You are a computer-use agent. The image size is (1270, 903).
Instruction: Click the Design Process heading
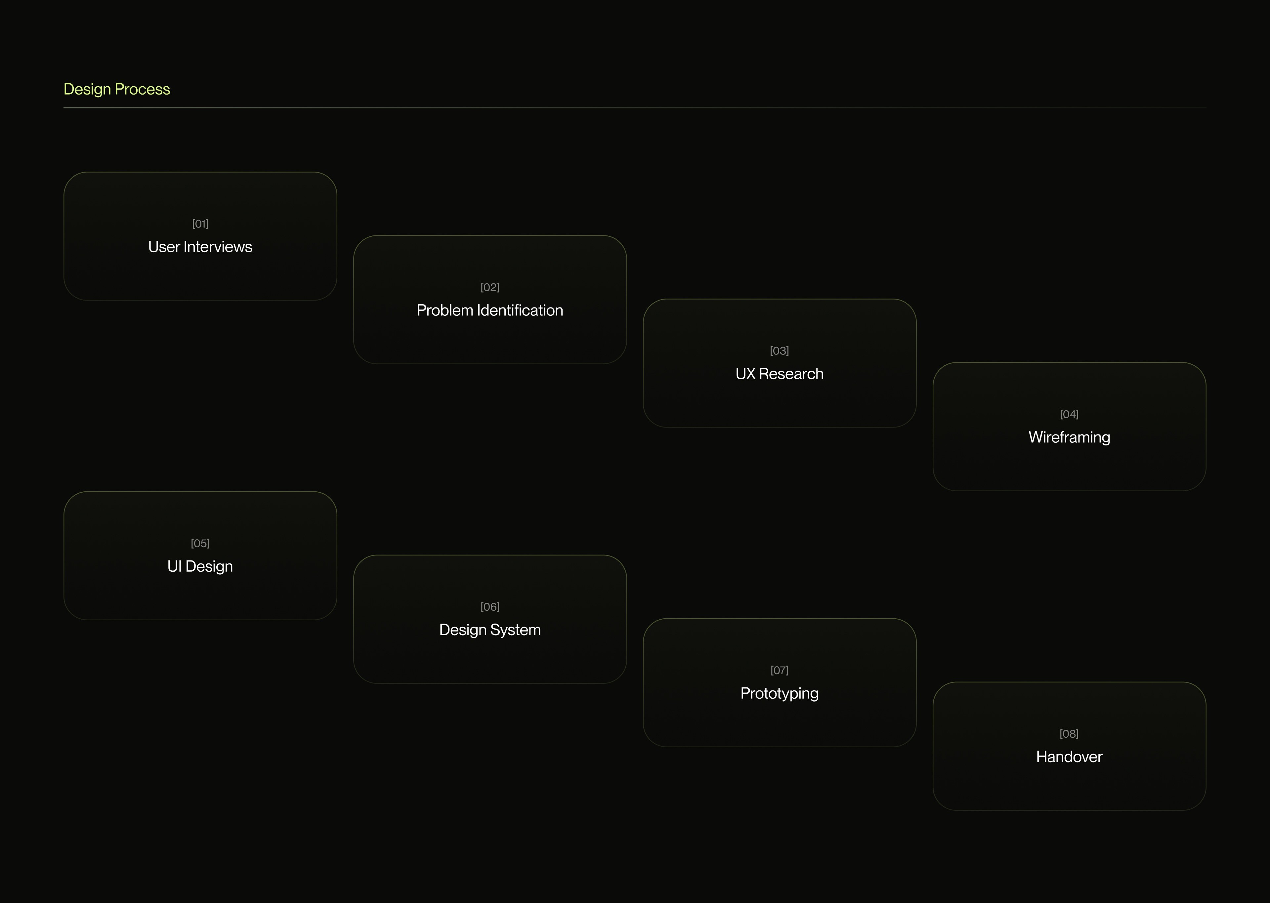[x=117, y=89]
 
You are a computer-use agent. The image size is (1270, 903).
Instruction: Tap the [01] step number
[x=200, y=224]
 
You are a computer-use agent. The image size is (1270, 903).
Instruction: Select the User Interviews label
[x=200, y=247]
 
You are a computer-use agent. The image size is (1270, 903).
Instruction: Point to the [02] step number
[x=490, y=287]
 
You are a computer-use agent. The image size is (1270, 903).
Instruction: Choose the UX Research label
[x=779, y=374]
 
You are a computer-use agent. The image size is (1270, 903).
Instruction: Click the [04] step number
[x=1069, y=414]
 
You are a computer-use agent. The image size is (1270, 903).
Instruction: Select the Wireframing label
[x=1069, y=437]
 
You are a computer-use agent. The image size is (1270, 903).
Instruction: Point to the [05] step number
[x=200, y=543]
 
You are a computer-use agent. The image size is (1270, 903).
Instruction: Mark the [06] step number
[x=490, y=607]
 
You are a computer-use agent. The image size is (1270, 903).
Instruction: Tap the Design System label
[x=490, y=630]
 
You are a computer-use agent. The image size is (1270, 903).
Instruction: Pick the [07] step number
[x=779, y=670]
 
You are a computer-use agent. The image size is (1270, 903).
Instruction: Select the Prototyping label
[x=779, y=693]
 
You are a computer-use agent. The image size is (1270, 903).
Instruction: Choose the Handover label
[x=1069, y=757]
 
